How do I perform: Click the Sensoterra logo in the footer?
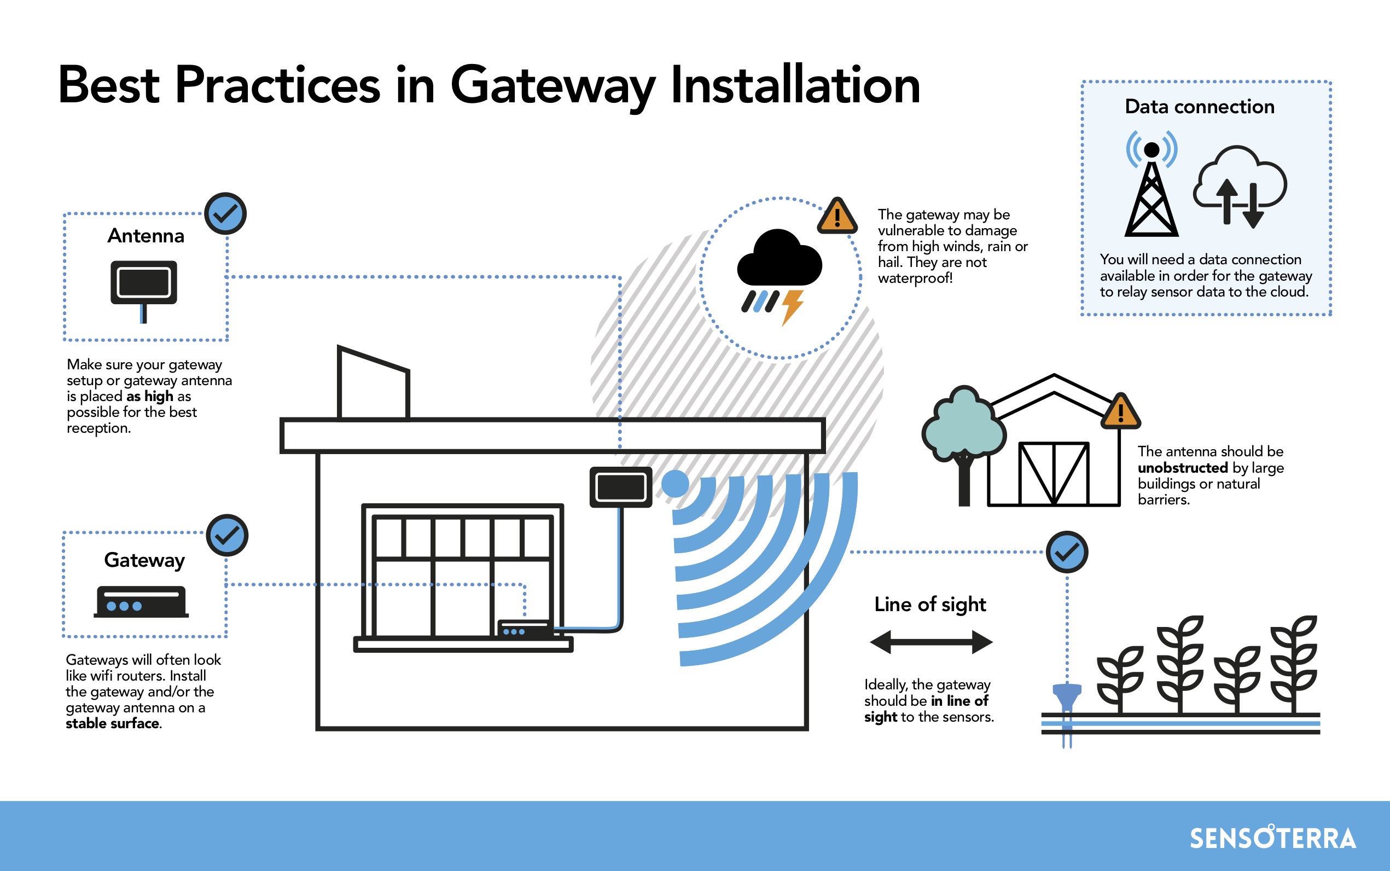click(1272, 838)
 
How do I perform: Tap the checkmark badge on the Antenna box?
click(226, 214)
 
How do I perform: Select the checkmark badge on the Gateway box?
click(228, 535)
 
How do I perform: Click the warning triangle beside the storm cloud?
click(837, 217)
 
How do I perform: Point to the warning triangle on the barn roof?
click(1120, 411)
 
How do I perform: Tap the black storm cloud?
click(780, 258)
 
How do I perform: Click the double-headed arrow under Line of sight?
click(931, 642)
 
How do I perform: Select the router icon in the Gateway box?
click(141, 602)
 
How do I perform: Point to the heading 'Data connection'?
click(1200, 107)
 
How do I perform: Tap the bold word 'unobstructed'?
click(1183, 468)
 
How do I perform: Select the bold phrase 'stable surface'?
click(112, 723)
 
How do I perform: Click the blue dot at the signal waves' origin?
click(675, 483)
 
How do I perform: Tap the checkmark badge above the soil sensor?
click(1067, 552)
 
